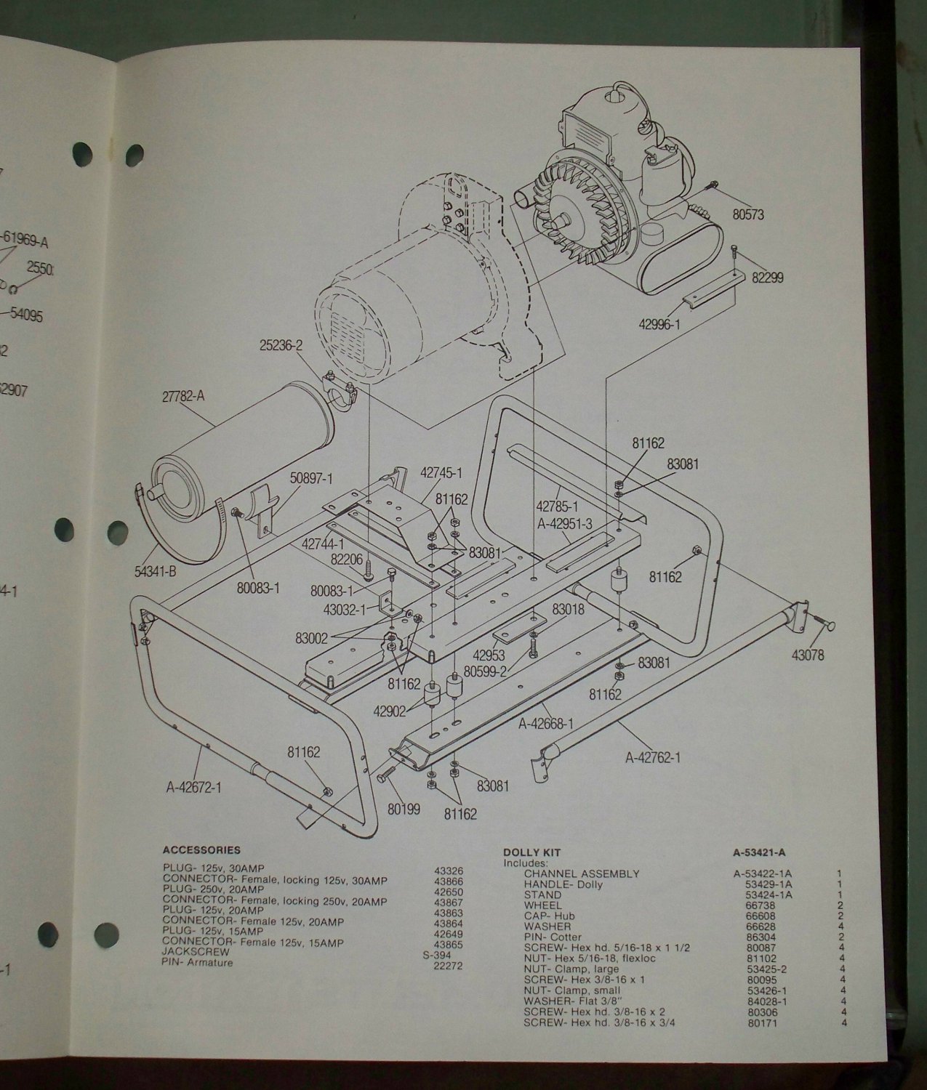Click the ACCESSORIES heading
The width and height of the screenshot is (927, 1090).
pyautogui.click(x=201, y=849)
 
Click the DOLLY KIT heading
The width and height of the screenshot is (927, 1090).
pyautogui.click(x=532, y=852)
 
